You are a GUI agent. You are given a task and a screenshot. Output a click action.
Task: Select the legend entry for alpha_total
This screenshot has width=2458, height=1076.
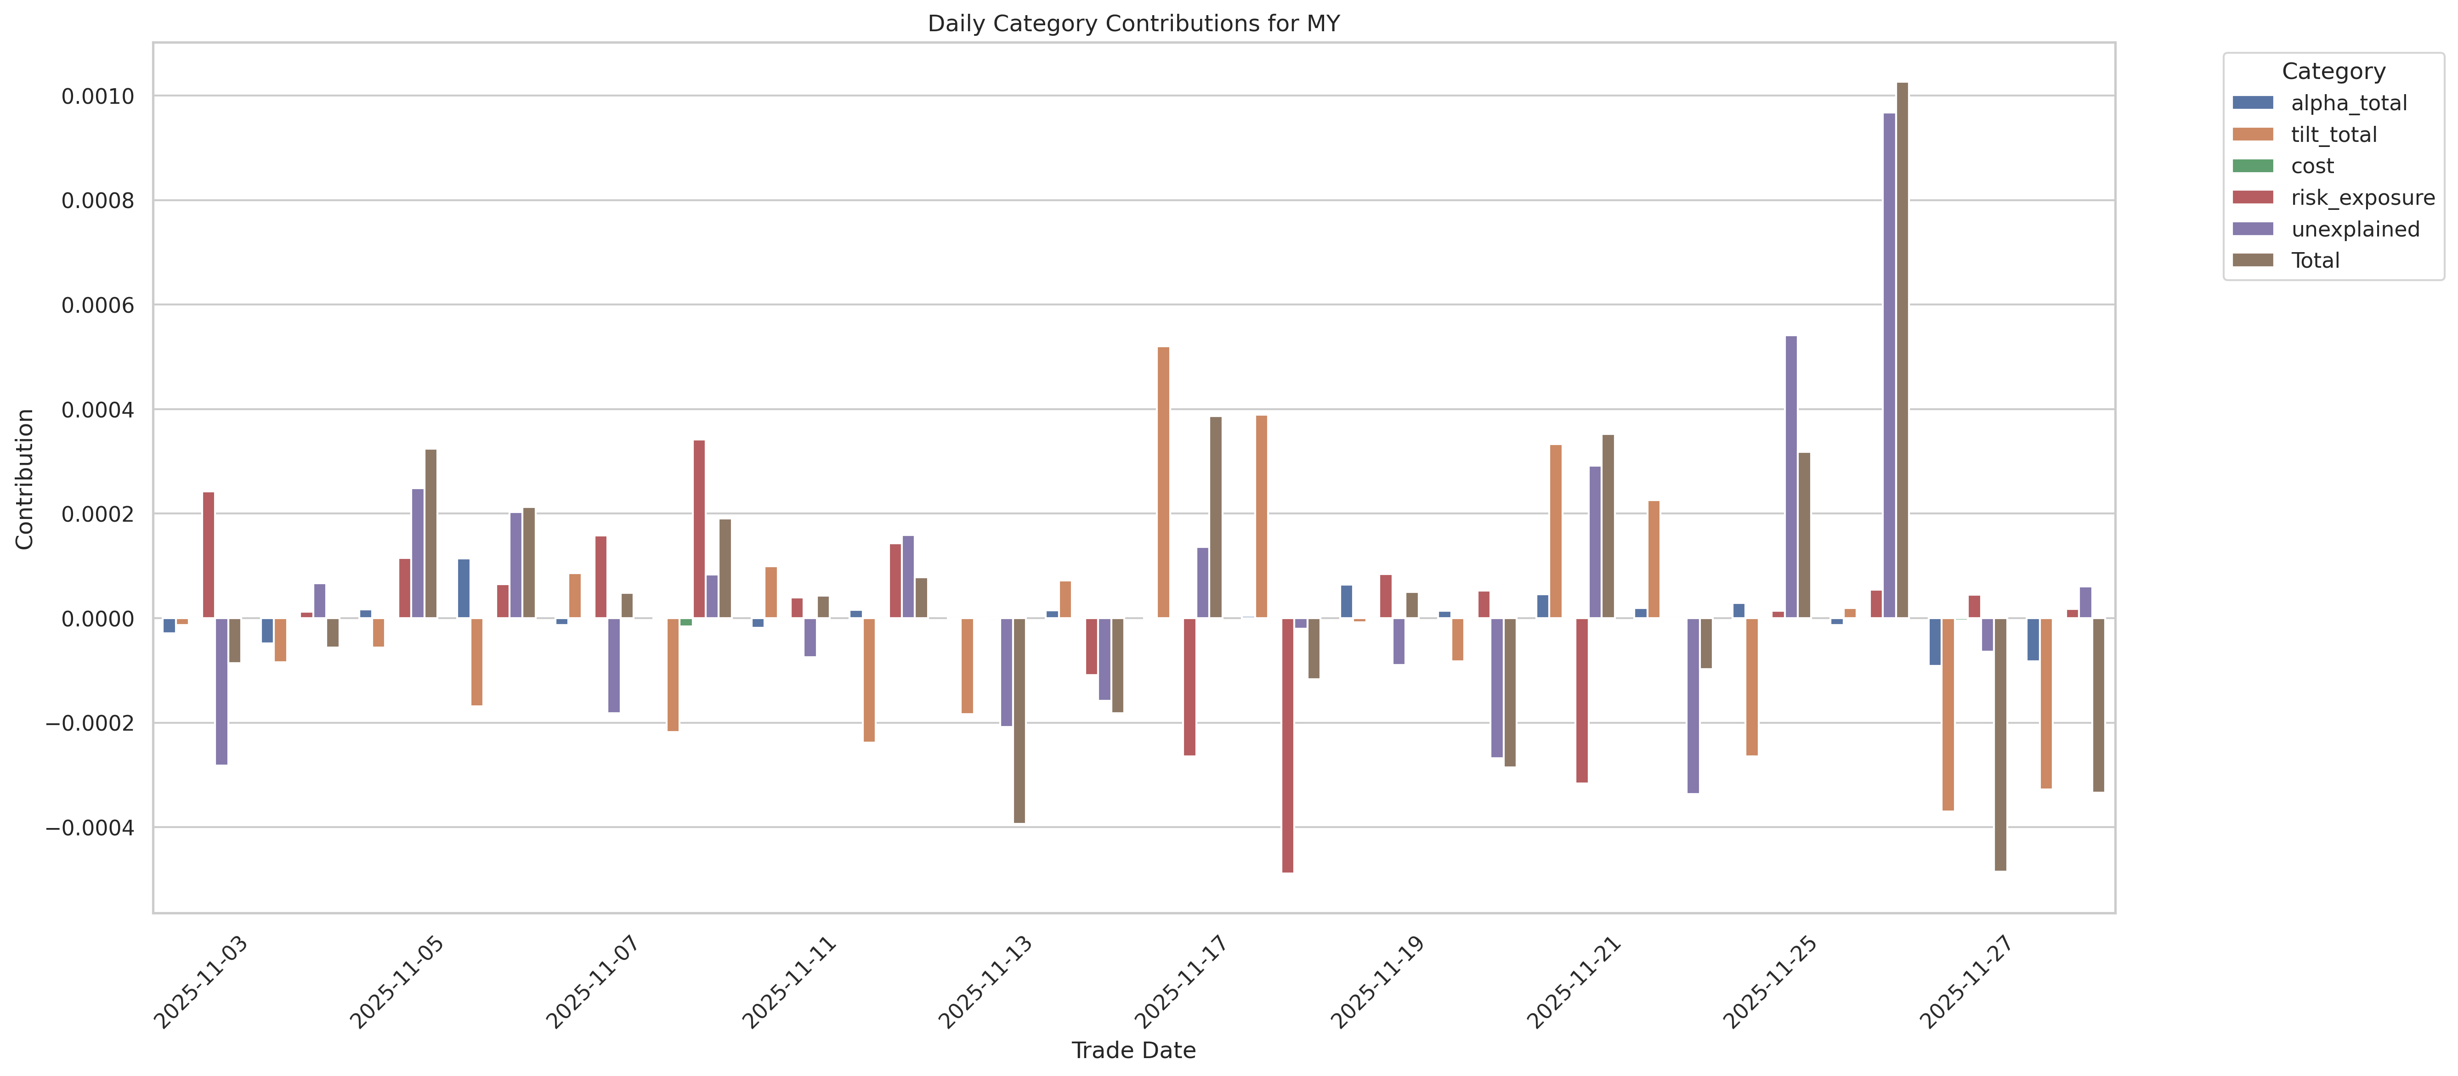(2348, 103)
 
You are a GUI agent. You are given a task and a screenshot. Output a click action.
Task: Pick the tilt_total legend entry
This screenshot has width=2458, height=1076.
(2333, 135)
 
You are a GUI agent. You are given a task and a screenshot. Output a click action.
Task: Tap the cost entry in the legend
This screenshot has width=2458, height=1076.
(2312, 166)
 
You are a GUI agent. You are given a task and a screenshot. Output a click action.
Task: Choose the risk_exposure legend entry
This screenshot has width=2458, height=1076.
(2362, 197)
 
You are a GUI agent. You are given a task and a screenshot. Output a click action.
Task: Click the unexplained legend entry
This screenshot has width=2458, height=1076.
(2354, 229)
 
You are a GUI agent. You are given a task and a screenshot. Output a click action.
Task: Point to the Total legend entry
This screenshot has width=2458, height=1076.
(2315, 260)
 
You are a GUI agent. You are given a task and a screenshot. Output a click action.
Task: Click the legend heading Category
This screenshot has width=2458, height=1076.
(2333, 72)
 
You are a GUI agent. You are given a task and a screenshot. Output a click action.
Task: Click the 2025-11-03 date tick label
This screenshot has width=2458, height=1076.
(202, 982)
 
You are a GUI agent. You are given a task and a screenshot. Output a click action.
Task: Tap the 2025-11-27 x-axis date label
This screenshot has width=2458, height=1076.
(1966, 982)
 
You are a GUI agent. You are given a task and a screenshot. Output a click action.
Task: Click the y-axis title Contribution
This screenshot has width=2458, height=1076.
(25, 479)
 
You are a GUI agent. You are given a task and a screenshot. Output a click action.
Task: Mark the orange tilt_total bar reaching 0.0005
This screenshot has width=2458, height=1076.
(1163, 482)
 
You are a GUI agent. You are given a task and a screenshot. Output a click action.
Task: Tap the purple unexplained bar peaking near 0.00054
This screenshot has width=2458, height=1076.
(1791, 477)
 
